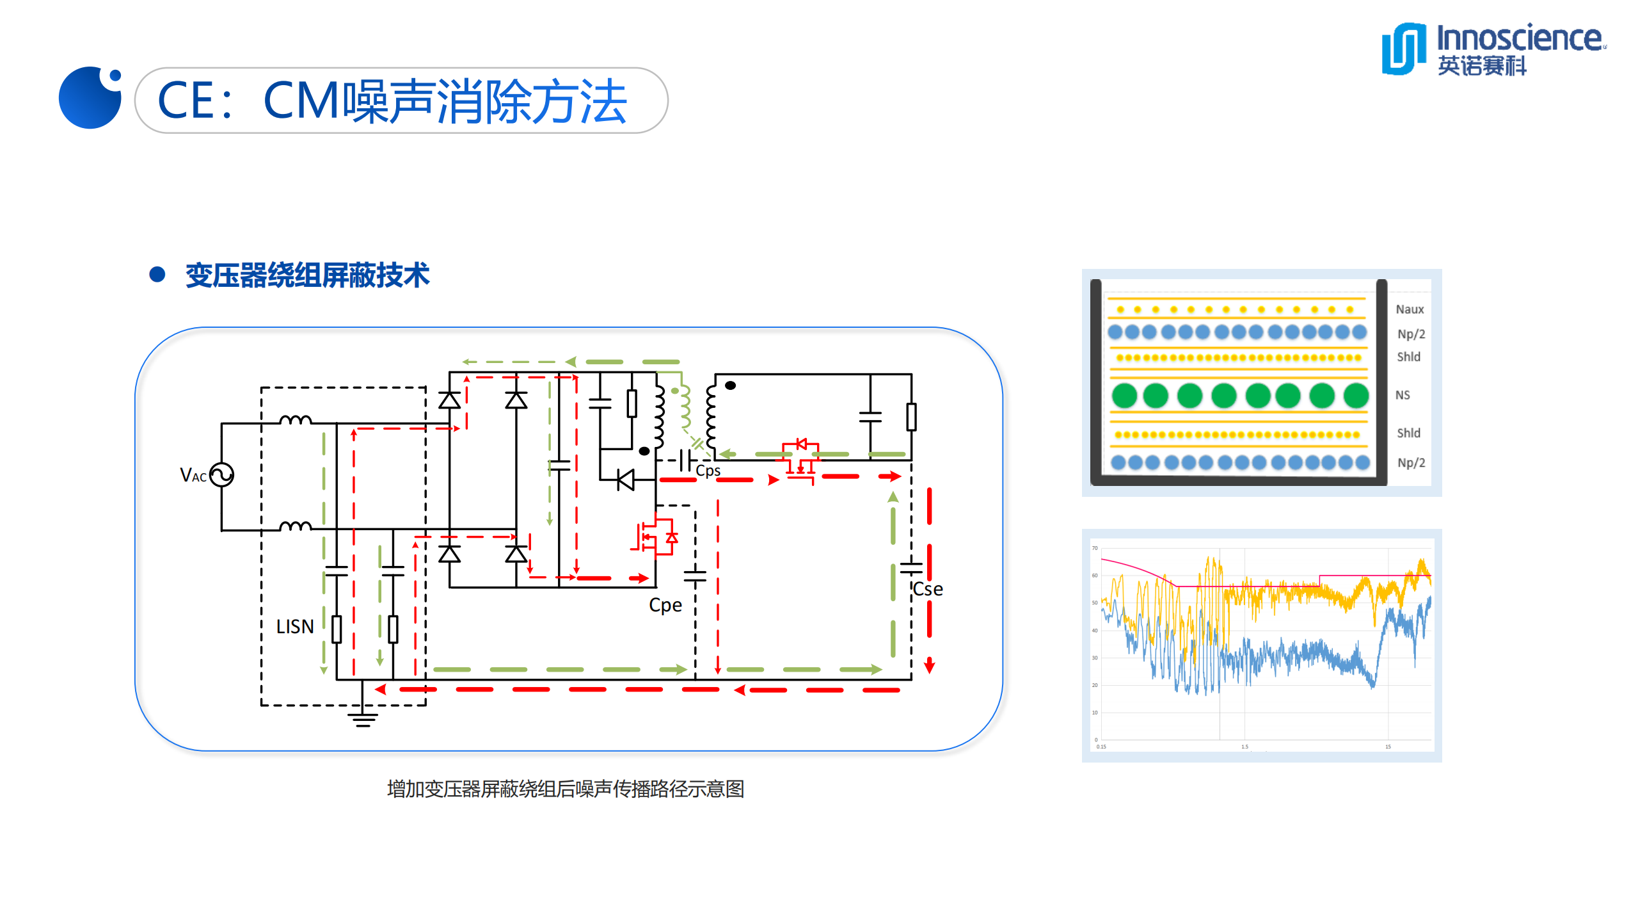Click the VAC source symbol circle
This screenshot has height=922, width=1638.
click(x=221, y=475)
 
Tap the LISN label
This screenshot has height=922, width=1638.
click(x=294, y=626)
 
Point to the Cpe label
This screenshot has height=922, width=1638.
click(x=665, y=605)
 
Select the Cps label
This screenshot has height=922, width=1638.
click(x=708, y=471)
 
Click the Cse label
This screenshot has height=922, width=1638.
click(x=927, y=589)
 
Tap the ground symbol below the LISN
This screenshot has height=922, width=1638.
click(x=362, y=718)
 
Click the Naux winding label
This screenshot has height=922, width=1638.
click(x=1410, y=309)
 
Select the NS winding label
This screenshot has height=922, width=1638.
click(x=1403, y=395)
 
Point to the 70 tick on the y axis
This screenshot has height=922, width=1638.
click(x=1095, y=548)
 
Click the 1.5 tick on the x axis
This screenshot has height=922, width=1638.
click(x=1244, y=747)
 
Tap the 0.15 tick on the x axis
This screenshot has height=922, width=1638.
click(x=1101, y=747)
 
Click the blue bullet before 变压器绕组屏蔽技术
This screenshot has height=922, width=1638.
click(x=157, y=275)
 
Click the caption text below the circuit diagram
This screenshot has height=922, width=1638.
click(x=566, y=789)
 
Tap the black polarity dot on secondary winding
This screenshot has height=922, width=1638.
click(x=730, y=385)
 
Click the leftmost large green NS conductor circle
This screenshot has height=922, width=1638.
click(x=1124, y=396)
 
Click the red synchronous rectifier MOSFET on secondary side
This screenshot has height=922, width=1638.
click(x=800, y=461)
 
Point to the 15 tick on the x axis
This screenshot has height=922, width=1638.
click(x=1388, y=747)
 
